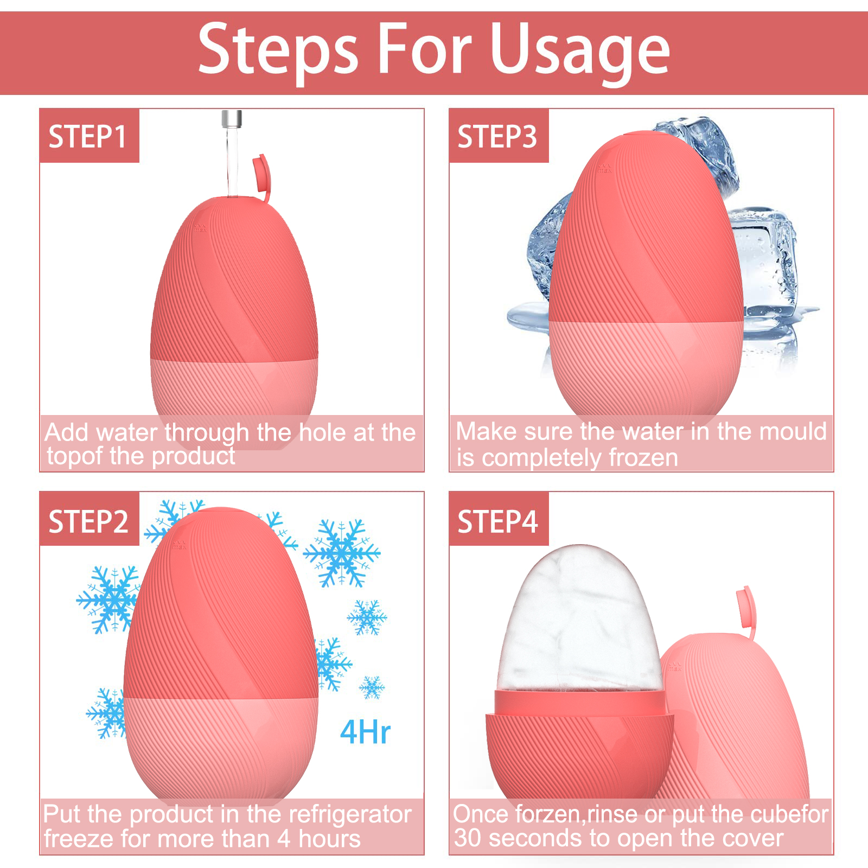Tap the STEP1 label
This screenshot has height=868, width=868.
point(88,137)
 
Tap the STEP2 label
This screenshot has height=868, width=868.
point(88,522)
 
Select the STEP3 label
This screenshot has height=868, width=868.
point(497,137)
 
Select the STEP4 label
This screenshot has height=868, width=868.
point(497,522)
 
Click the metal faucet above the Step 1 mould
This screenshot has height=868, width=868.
point(232,119)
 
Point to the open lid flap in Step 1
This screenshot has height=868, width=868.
point(261,174)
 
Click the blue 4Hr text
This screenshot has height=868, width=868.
point(365,732)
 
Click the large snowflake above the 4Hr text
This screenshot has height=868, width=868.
point(341,553)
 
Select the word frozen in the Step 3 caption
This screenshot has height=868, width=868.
point(643,458)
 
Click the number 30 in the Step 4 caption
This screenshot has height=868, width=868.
point(468,839)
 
